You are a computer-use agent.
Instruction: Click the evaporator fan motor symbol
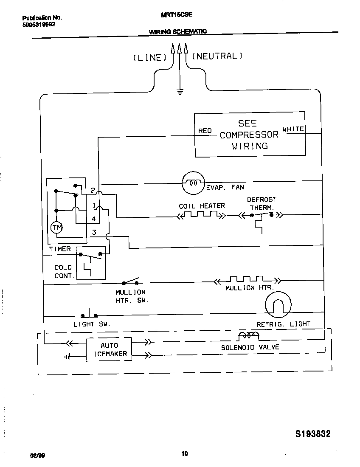tap(193, 183)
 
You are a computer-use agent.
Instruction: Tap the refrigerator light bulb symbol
tap(278, 305)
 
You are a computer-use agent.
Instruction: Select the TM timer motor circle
tap(56, 228)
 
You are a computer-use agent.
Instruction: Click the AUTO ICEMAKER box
tap(109, 349)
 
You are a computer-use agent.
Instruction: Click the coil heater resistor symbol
tap(201, 215)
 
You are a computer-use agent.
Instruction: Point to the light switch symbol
tap(89, 314)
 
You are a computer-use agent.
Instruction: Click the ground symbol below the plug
tap(180, 91)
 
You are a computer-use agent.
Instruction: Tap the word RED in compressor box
tap(205, 130)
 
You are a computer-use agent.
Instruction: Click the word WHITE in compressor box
tap(293, 129)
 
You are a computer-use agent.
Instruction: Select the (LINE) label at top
tap(149, 58)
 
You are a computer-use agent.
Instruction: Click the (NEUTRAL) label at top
tap(217, 56)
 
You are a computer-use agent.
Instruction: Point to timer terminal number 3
tap(94, 232)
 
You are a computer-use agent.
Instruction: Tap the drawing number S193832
tap(312, 434)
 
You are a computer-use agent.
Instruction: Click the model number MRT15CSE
tap(177, 14)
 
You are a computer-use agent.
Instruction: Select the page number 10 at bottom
tap(184, 454)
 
